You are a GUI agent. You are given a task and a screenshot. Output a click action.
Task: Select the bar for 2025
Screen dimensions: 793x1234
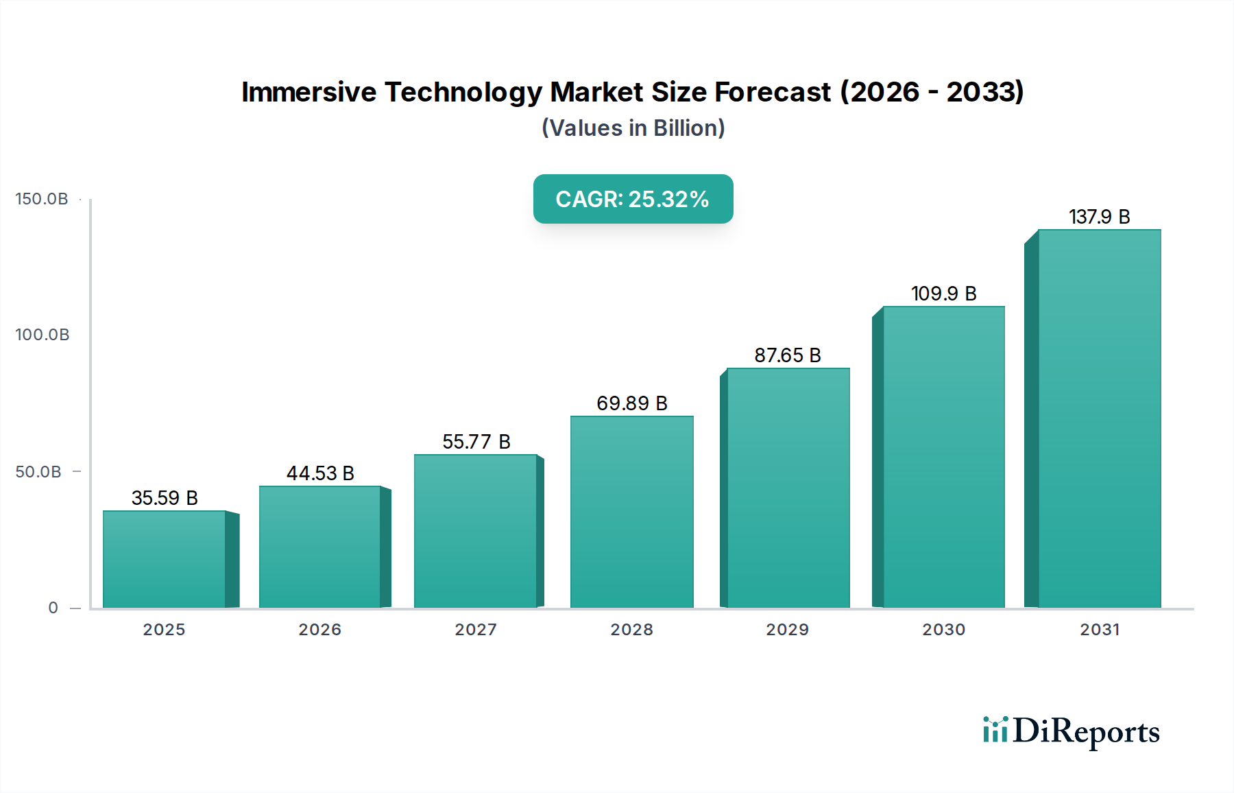point(165,559)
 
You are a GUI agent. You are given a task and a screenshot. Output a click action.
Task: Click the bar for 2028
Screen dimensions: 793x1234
point(631,512)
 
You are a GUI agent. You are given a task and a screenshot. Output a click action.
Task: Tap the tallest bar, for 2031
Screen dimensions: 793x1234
point(1099,418)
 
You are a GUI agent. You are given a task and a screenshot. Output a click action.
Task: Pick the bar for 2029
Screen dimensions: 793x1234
point(788,488)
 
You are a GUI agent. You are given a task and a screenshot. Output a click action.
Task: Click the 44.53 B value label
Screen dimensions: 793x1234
point(320,473)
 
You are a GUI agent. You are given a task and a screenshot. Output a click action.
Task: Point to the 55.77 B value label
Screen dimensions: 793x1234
point(476,442)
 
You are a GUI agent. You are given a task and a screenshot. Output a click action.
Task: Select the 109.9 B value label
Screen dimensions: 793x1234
point(943,294)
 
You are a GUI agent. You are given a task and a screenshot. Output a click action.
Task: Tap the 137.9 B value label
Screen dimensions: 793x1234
point(1099,217)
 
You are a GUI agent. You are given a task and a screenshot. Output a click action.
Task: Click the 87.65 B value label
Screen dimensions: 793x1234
point(788,355)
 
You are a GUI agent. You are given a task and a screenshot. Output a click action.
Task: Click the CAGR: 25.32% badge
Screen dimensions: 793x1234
point(633,199)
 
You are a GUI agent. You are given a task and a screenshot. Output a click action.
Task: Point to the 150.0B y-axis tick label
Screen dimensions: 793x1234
point(42,199)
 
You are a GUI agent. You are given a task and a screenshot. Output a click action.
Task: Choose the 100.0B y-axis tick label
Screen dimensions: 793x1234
point(42,335)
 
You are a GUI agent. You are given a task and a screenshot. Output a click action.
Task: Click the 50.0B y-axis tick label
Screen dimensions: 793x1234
point(38,472)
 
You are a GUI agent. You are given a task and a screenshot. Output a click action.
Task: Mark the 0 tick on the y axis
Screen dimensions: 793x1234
point(53,608)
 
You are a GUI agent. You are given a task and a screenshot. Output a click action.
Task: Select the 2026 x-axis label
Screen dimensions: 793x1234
point(319,630)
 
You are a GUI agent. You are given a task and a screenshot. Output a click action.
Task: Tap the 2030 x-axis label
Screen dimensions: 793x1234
point(943,630)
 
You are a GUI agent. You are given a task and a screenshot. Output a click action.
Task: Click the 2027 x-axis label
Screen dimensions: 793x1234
point(476,630)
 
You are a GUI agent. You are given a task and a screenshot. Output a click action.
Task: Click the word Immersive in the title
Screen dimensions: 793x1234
point(308,92)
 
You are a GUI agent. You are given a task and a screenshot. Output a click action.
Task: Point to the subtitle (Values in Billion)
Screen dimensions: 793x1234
point(633,128)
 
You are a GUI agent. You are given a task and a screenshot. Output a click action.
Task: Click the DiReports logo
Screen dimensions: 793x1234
point(1071,731)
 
